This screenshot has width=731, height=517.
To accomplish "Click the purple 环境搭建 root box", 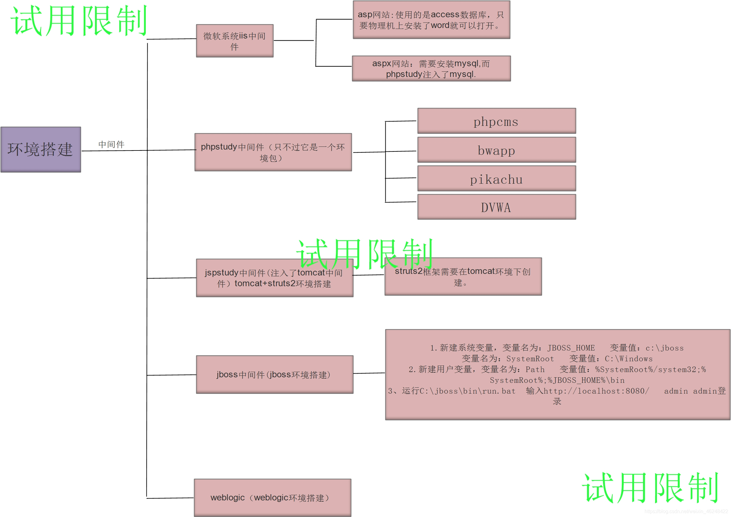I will pos(41,149).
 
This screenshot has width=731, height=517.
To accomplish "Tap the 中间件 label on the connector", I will pos(111,144).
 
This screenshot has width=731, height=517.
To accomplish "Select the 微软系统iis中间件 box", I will pos(235,41).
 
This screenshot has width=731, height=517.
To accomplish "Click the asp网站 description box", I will pos(431,20).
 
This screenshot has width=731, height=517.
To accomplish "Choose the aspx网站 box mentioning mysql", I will pos(431,69).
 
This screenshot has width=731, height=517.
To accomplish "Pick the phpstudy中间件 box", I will pos(273,152).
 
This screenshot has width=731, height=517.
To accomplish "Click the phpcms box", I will pos(496,121).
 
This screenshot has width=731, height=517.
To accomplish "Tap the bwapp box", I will pos(496,150).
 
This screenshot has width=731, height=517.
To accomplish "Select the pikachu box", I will pos(496,179).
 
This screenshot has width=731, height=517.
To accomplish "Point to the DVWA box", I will pos(496,207).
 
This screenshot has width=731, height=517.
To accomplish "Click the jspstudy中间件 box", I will pos(274,278).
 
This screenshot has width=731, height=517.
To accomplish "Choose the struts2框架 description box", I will pos(463,276).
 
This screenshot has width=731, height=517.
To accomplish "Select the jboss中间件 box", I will pos(274,374).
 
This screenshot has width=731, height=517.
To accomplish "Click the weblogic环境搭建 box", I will pos(272,497).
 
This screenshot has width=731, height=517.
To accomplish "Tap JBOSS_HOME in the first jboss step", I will pos(571,348).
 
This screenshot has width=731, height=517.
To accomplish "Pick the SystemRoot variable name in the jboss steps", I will pos(530,359).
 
